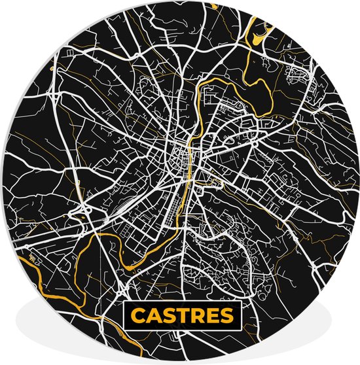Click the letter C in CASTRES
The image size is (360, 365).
(x=137, y=317)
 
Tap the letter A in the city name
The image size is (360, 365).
(x=153, y=317)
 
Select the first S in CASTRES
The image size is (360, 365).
(x=168, y=317)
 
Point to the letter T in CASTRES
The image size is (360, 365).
(x=183, y=317)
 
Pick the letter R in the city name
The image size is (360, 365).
(x=197, y=317)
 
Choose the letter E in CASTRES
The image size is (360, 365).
(x=211, y=317)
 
